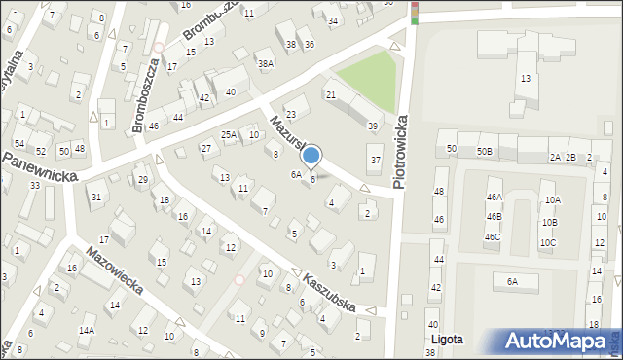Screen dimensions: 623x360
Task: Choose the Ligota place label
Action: [x=446, y=340]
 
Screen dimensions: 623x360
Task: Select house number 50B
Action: [x=485, y=150]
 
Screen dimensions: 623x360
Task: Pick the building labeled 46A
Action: [x=494, y=197]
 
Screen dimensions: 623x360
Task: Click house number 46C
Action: [x=493, y=236]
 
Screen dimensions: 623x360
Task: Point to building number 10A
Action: [x=552, y=200]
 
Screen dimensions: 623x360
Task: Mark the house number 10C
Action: [x=548, y=243]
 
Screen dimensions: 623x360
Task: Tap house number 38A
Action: [x=265, y=64]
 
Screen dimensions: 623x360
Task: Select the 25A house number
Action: [x=229, y=135]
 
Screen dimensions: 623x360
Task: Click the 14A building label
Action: [x=87, y=331]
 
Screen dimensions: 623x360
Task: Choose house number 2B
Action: [x=572, y=157]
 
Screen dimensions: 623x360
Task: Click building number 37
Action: [x=375, y=160]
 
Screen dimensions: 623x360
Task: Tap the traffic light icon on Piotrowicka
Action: [x=414, y=11]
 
